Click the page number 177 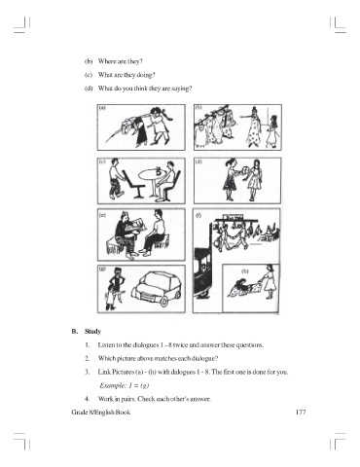pos(301,413)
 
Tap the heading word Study pos(92,332)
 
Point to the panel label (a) pos(102,108)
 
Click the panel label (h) pos(245,271)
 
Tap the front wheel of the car pos(164,302)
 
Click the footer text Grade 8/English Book pos(101,413)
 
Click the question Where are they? pos(121,61)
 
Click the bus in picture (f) pos(202,271)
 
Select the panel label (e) pos(102,215)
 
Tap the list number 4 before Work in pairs pos(87,399)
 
